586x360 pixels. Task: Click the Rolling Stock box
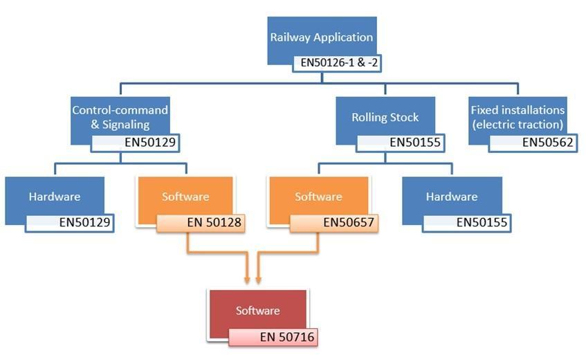point(385,117)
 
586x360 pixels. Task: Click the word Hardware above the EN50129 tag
point(54,196)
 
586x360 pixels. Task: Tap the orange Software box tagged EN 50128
point(185,196)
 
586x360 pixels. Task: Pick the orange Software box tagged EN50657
point(318,196)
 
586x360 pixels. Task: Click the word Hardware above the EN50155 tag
point(451,196)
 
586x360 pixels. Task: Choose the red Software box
point(257,311)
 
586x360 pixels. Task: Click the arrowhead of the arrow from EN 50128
point(247,280)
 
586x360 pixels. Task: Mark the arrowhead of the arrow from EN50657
point(258,280)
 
